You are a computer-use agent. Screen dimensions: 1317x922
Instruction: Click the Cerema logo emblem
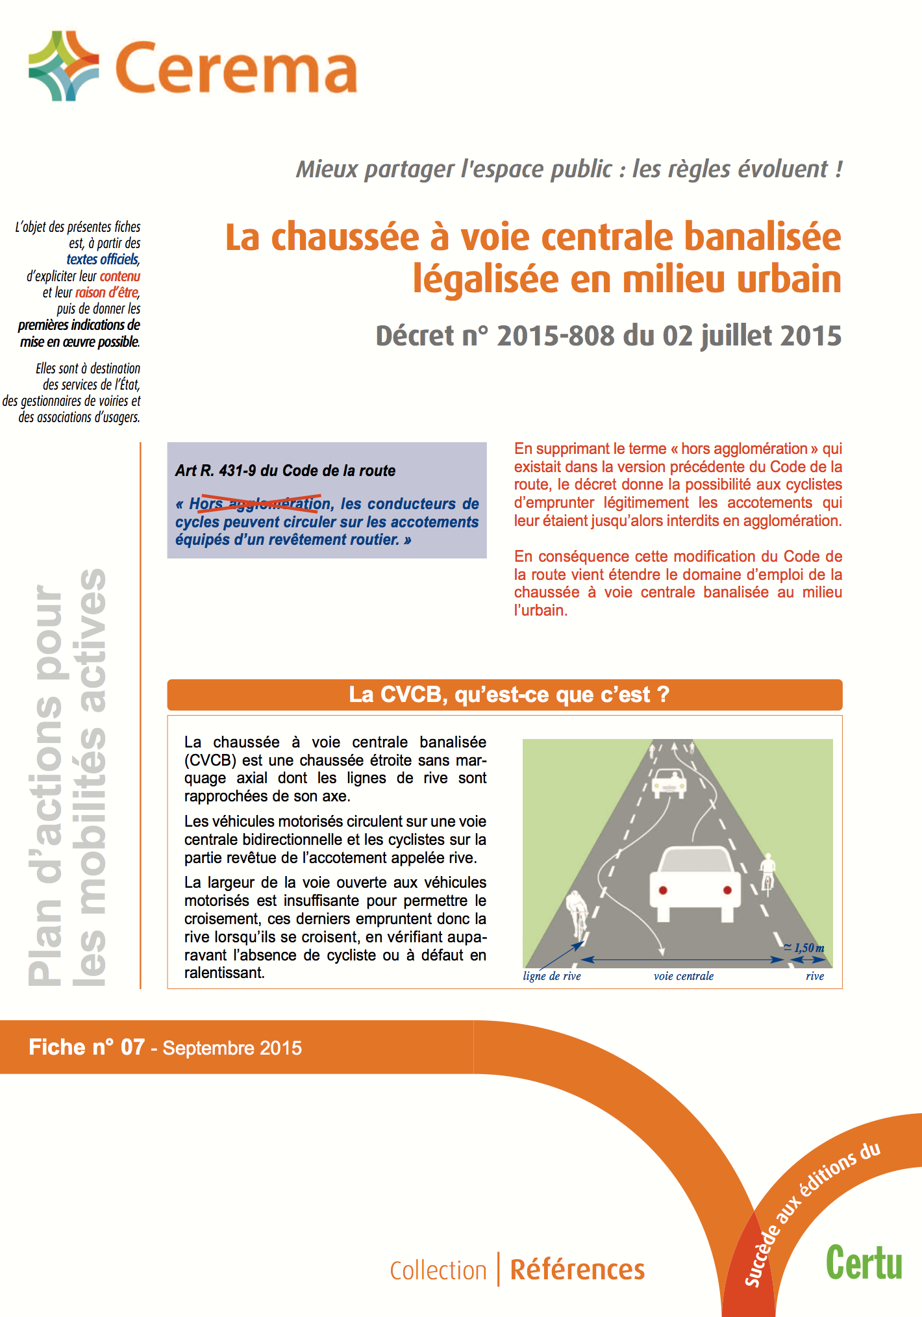point(64,66)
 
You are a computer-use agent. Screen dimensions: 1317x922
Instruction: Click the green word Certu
point(864,1263)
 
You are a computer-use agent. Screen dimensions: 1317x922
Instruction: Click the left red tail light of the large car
point(663,890)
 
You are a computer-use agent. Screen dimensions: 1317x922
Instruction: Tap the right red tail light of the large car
point(727,890)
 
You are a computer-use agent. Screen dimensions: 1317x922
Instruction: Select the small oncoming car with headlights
point(669,783)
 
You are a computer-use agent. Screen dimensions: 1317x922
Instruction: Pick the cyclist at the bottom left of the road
point(576,913)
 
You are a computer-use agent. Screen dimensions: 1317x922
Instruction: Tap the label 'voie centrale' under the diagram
point(683,976)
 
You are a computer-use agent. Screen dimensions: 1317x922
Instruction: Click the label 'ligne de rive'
point(552,976)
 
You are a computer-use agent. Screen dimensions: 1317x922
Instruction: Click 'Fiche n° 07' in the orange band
point(86,1047)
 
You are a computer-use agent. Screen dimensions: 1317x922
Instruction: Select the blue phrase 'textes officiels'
point(103,260)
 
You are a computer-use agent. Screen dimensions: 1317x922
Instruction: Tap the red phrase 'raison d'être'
point(106,292)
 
